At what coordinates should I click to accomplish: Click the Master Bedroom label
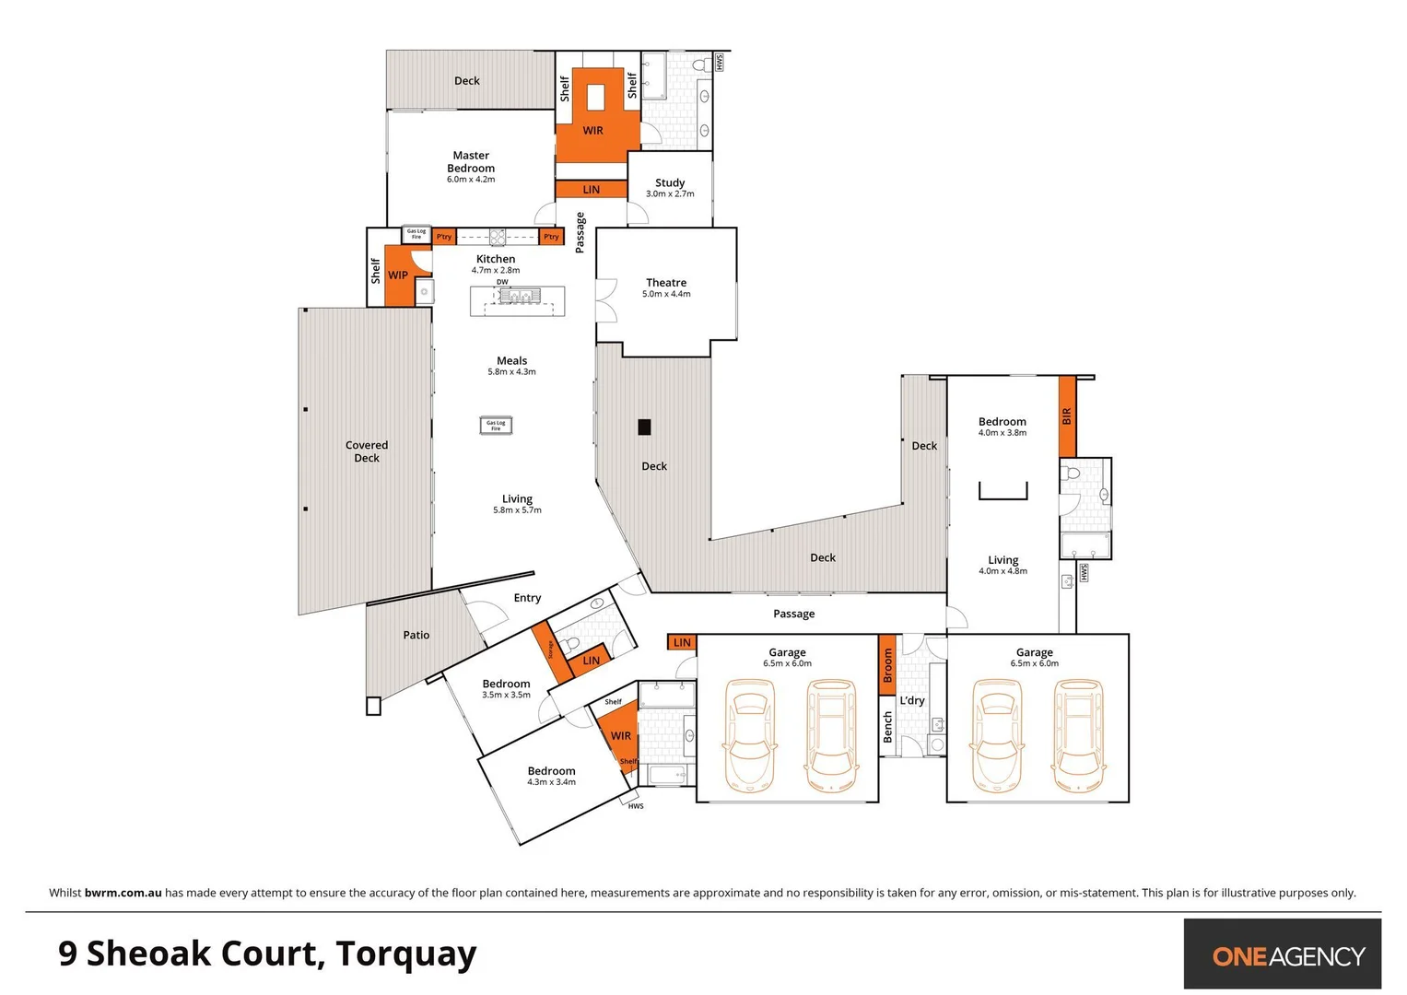(471, 162)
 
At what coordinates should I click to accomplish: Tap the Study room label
(670, 183)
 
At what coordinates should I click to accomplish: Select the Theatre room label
(666, 283)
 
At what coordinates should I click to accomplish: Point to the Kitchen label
(496, 260)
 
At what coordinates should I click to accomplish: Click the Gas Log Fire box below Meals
(496, 425)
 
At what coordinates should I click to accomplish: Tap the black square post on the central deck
(645, 427)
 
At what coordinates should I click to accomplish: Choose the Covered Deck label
(367, 451)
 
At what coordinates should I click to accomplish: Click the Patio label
(416, 635)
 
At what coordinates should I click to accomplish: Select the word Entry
(527, 598)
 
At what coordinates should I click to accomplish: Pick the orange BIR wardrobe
(1067, 416)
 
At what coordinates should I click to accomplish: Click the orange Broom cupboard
(887, 664)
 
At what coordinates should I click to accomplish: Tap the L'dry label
(912, 700)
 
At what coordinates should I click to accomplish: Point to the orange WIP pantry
(397, 275)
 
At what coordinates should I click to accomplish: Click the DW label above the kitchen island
(502, 282)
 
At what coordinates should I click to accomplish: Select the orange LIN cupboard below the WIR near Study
(592, 190)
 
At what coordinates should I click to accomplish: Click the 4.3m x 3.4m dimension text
(551, 782)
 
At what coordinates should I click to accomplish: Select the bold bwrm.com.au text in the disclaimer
(123, 893)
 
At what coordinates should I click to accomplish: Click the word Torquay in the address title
(406, 954)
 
